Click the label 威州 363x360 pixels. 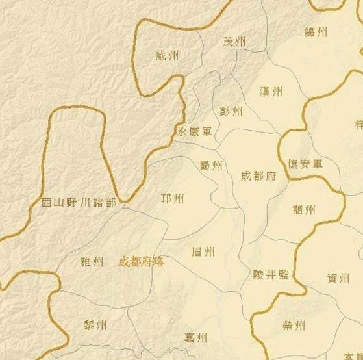(x=168, y=56)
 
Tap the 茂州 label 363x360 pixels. (x=235, y=42)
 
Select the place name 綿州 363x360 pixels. (x=316, y=32)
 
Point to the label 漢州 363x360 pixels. (x=270, y=92)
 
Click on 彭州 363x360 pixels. (x=231, y=111)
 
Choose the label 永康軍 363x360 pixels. (x=194, y=132)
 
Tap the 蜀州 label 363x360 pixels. (x=211, y=166)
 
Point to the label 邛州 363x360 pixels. (x=172, y=198)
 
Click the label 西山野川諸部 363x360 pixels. (x=78, y=203)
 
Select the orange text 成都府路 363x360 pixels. (x=142, y=262)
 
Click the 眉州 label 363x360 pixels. (x=204, y=251)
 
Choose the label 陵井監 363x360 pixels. (x=271, y=275)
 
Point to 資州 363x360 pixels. (x=338, y=278)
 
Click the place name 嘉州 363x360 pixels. (x=195, y=337)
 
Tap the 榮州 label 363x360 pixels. (x=294, y=325)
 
